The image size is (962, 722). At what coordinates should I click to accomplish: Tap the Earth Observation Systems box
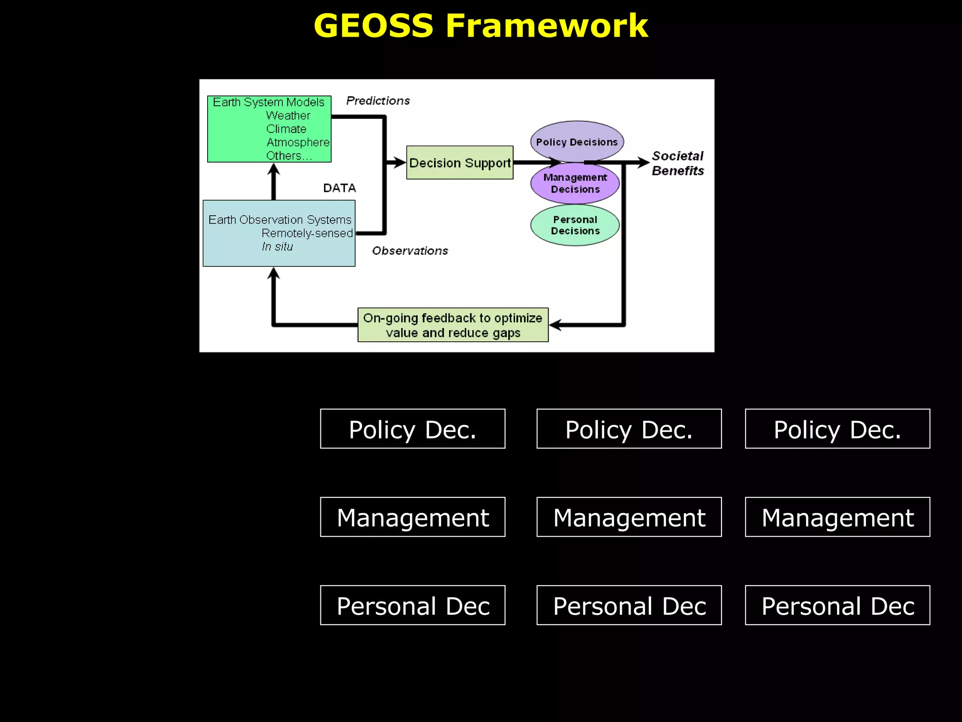pyautogui.click(x=279, y=233)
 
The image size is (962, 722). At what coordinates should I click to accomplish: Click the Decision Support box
pyautogui.click(x=459, y=163)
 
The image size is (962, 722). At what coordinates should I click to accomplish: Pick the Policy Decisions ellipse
pyautogui.click(x=577, y=140)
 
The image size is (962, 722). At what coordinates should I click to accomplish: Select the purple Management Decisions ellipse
pyautogui.click(x=575, y=184)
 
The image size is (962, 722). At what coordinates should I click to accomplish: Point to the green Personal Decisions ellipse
pyautogui.click(x=575, y=225)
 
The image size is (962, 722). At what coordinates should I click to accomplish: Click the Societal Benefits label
pyautogui.click(x=677, y=163)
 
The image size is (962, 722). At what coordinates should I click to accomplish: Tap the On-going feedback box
pyautogui.click(x=453, y=325)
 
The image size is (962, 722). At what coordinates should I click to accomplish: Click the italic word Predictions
pyautogui.click(x=378, y=101)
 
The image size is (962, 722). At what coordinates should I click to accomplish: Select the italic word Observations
pyautogui.click(x=410, y=251)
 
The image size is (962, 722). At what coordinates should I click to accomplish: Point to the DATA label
pyautogui.click(x=339, y=188)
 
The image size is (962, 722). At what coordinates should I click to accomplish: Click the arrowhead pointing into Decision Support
pyautogui.click(x=400, y=163)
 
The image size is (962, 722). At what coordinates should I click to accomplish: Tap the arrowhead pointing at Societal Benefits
pyautogui.click(x=643, y=163)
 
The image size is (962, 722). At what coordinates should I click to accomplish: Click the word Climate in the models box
pyautogui.click(x=286, y=129)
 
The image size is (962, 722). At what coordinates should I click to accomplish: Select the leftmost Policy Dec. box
pyautogui.click(x=412, y=429)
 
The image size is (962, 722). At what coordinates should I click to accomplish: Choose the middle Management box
pyautogui.click(x=629, y=517)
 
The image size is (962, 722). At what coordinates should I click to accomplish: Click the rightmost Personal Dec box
pyautogui.click(x=837, y=605)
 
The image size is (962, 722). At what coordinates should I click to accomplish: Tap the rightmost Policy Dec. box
pyautogui.click(x=837, y=429)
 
